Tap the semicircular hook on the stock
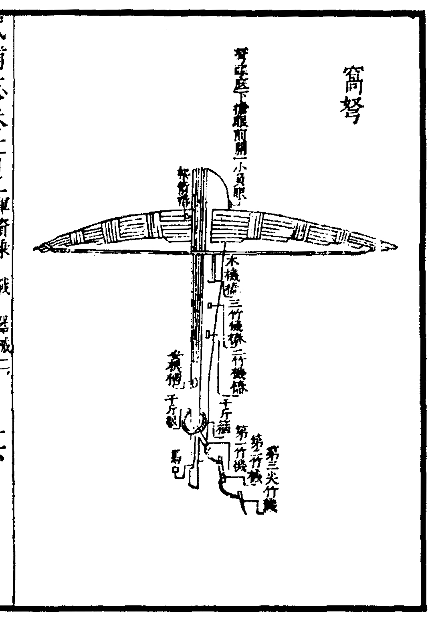(194, 423)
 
